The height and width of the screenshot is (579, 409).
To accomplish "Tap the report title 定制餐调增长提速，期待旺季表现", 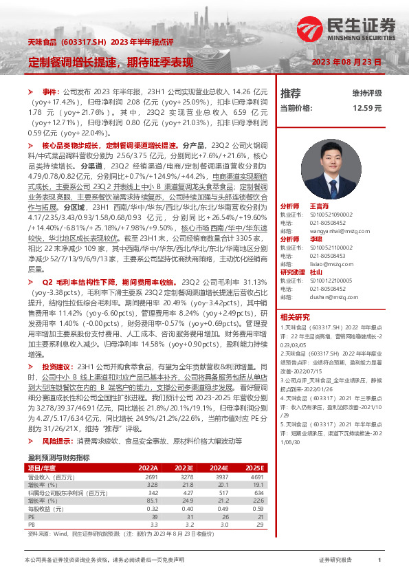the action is pyautogui.click(x=111, y=62).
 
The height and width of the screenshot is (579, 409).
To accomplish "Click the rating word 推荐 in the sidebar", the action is pyautogui.click(x=291, y=93).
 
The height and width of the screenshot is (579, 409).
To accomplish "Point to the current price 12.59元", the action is pyautogui.click(x=367, y=108).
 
